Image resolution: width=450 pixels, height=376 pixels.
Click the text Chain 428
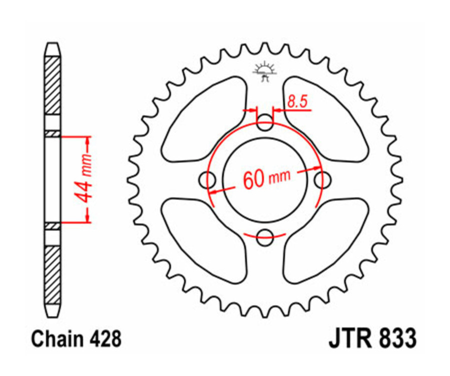(x=76, y=339)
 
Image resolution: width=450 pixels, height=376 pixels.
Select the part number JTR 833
(x=372, y=339)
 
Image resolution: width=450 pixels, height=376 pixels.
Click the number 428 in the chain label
(x=105, y=339)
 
